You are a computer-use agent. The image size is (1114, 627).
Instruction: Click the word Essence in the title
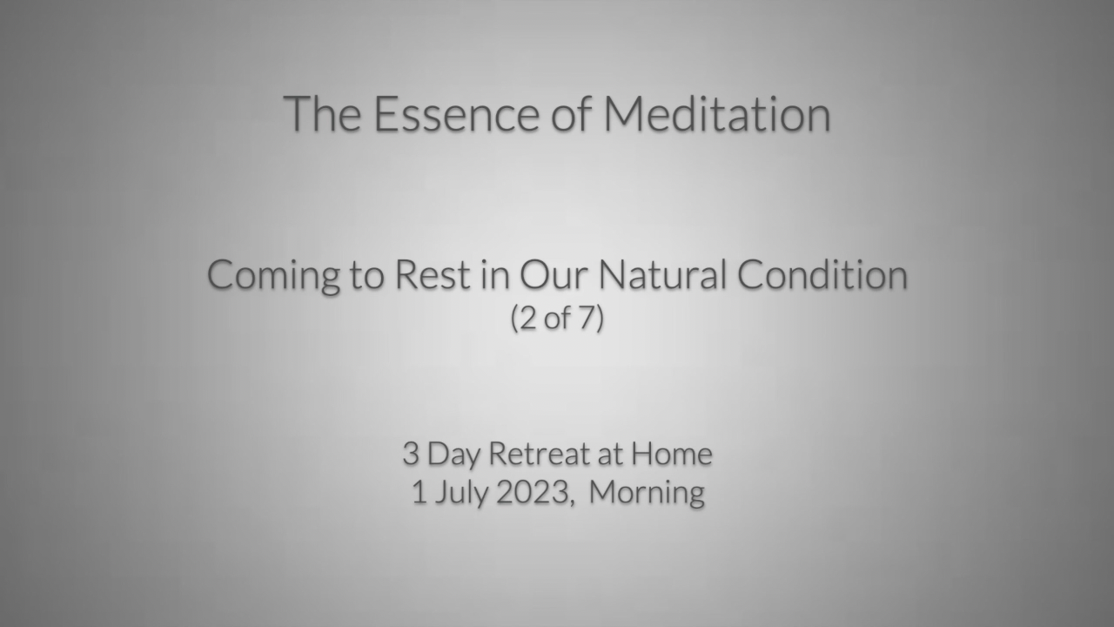point(456,114)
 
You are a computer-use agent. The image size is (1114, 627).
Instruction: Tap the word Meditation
point(716,114)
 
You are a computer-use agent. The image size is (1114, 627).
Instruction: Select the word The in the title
point(322,114)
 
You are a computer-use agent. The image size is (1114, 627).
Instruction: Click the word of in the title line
point(571,114)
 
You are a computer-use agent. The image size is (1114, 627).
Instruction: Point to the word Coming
point(273,276)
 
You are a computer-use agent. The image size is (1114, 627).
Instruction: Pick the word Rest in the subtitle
point(433,274)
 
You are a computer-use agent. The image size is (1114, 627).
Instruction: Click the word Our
point(553,274)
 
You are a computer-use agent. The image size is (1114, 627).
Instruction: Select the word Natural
point(662,274)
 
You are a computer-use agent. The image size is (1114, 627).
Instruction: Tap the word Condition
point(822,274)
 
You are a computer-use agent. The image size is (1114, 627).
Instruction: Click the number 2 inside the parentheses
point(528,318)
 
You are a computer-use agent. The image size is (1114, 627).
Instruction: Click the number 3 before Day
point(410,454)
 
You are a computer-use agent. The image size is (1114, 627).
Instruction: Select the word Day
point(453,455)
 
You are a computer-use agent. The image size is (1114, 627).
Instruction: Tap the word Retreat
point(540,454)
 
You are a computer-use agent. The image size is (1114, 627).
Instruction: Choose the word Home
point(671,454)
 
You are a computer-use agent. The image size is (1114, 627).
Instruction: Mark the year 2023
point(533,492)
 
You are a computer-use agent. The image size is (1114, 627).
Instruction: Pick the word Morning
point(647,494)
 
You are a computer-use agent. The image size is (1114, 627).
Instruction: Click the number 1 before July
point(419,492)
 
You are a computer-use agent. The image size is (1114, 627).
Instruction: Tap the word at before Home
point(610,455)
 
